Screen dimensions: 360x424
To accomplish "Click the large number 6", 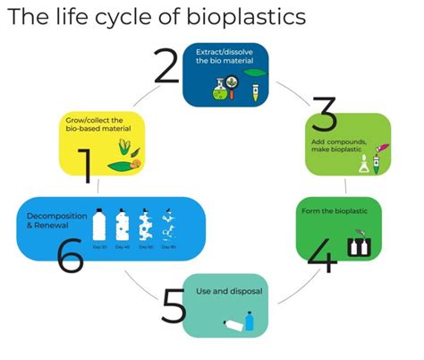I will [x=69, y=254].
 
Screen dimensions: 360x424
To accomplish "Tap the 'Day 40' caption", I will [x=123, y=245].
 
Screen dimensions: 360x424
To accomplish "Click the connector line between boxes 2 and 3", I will [x=286, y=90].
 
